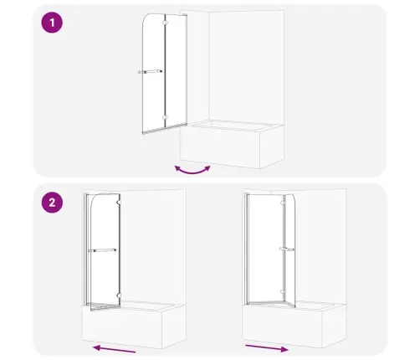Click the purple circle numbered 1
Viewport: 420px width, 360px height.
[x=52, y=23]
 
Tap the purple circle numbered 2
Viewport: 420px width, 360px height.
[x=52, y=203]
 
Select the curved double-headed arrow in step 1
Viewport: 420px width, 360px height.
[x=192, y=172]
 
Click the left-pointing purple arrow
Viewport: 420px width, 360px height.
[x=115, y=349]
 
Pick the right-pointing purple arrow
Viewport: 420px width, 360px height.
[x=267, y=348]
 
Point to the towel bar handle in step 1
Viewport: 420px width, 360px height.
[x=150, y=72]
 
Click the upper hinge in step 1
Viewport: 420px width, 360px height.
[x=165, y=23]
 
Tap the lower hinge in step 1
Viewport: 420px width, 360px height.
[x=165, y=117]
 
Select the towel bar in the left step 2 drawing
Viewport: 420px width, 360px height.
[x=102, y=250]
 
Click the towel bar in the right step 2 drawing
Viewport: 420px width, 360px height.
[x=286, y=249]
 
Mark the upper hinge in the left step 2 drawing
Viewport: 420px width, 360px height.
[x=119, y=202]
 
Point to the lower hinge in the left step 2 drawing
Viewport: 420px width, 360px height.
[x=119, y=296]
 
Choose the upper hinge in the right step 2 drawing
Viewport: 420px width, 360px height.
[x=284, y=203]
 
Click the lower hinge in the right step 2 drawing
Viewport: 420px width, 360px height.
[x=284, y=292]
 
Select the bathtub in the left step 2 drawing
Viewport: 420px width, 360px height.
[x=134, y=325]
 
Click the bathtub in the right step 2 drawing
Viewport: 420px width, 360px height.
[x=295, y=325]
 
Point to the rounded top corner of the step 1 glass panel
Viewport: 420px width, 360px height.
[x=146, y=18]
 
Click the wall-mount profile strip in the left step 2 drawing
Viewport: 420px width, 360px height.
[x=86, y=249]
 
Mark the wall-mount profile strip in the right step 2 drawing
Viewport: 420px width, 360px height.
[x=247, y=249]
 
